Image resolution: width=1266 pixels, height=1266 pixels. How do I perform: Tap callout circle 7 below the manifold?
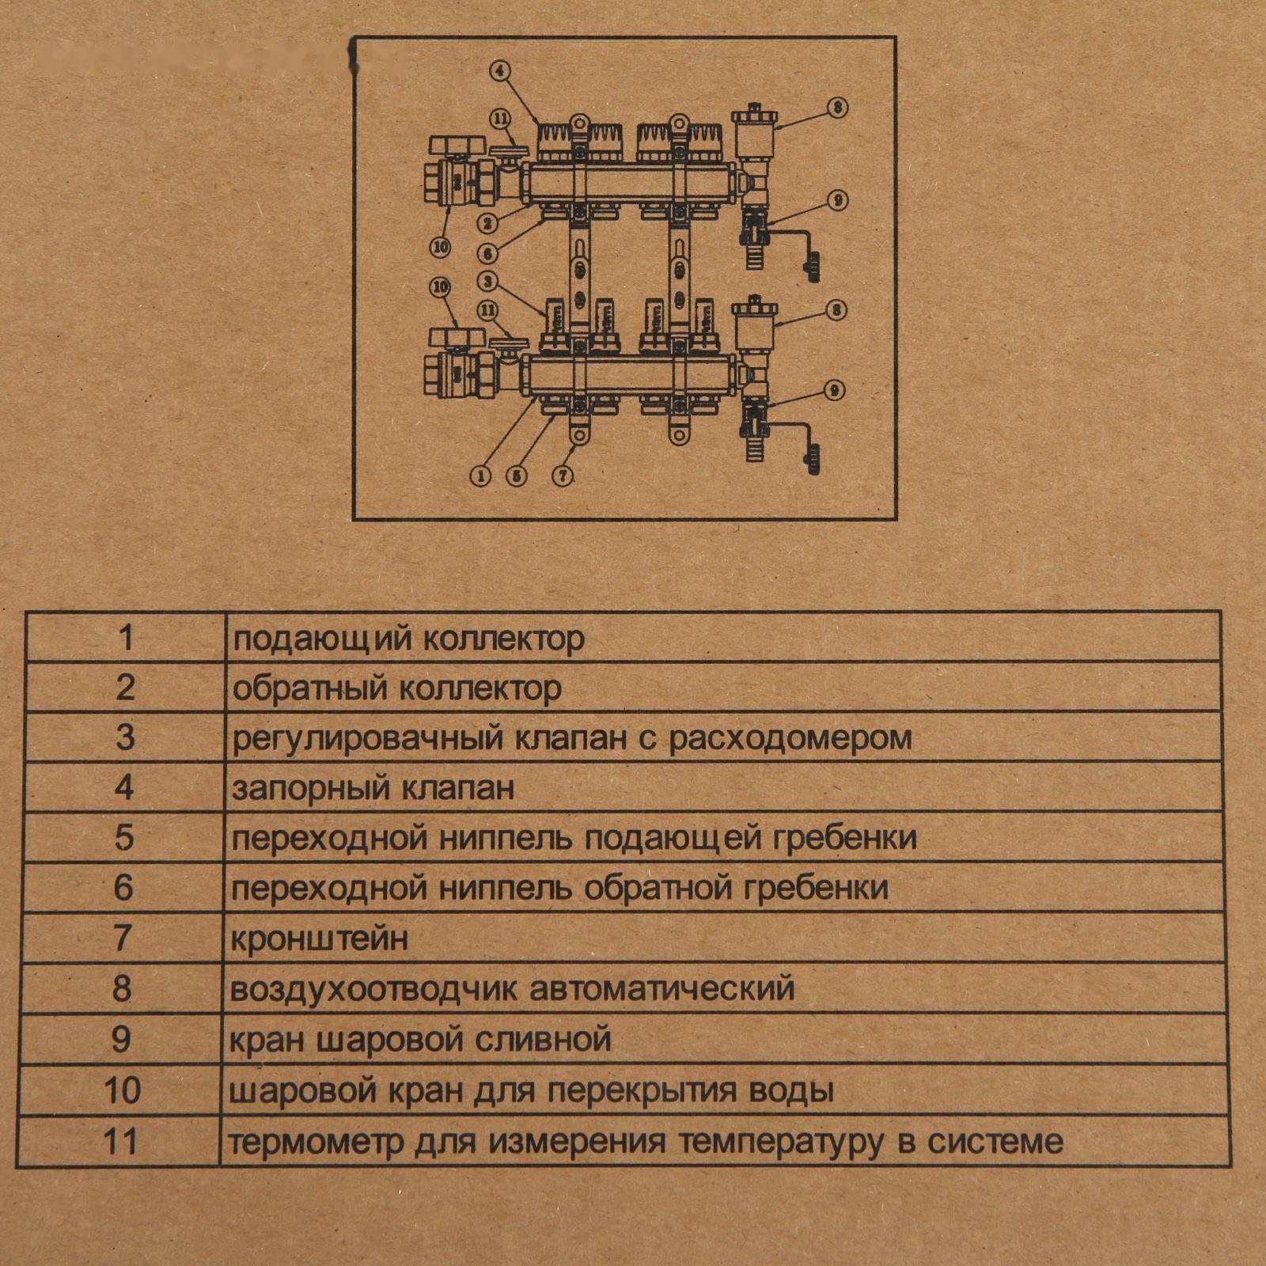point(563,476)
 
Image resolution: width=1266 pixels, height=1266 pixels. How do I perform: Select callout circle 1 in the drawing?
point(480,476)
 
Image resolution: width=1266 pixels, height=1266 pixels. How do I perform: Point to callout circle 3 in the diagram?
point(488,281)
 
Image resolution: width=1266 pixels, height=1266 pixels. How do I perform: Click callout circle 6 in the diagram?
point(488,253)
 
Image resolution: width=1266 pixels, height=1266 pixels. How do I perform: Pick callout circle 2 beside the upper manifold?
point(488,224)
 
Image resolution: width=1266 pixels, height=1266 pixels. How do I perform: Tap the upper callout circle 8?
point(838,108)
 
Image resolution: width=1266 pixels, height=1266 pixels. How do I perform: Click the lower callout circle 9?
point(834,389)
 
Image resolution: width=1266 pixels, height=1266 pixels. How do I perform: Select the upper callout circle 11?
point(500,119)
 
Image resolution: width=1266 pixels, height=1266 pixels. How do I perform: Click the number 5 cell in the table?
point(124,838)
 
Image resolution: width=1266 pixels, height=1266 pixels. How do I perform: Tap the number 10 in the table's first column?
point(123,1091)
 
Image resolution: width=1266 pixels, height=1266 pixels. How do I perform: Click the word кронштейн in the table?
point(320,939)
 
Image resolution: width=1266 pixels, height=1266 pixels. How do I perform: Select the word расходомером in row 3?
point(790,738)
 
